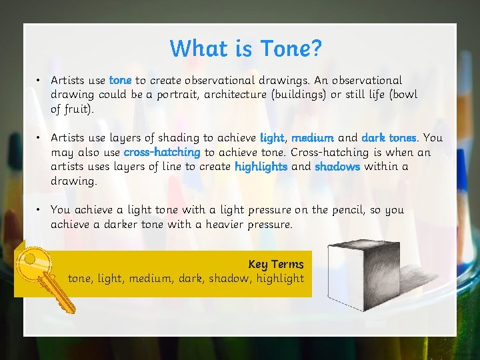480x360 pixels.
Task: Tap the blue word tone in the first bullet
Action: tap(120, 80)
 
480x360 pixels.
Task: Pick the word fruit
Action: tap(78, 109)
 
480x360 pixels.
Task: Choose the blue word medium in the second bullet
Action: tap(313, 138)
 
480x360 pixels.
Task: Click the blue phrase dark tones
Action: tap(389, 138)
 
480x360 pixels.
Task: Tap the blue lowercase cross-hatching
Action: tap(162, 152)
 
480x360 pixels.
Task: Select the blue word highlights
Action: tap(261, 167)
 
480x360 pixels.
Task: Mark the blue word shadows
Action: tap(337, 167)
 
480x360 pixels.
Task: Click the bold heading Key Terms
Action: tap(275, 264)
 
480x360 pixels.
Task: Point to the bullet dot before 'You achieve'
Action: tap(40, 210)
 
